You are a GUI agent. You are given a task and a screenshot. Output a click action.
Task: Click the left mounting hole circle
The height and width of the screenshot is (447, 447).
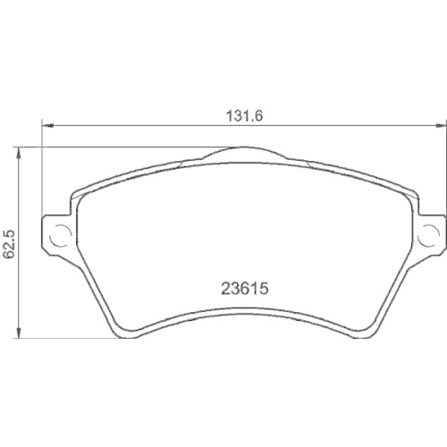pos(60,237)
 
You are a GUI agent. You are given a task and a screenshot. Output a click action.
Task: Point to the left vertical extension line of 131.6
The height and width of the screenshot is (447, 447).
pos(43,170)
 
